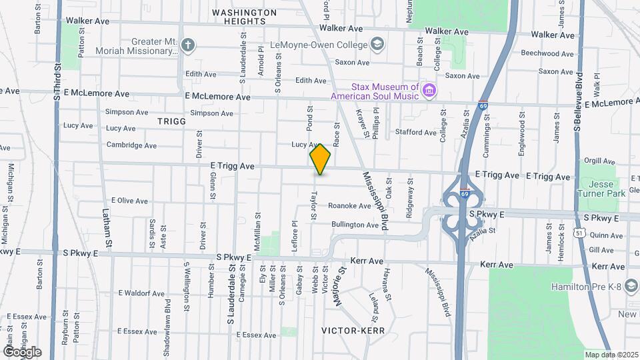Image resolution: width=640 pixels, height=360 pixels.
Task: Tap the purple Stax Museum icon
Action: coord(429,90)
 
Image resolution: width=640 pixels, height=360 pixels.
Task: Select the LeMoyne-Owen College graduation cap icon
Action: coord(378,45)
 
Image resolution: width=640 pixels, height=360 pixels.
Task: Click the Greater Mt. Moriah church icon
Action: coord(188,45)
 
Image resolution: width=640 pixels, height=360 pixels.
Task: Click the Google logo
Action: coord(21,352)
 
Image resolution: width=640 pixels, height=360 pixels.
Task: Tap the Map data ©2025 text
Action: coord(611,355)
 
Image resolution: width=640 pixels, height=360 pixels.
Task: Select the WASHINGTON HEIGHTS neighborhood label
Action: coord(244,17)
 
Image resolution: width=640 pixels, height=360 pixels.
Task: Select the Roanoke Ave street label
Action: coord(349,206)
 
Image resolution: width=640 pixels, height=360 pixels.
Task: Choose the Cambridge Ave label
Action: coord(131,145)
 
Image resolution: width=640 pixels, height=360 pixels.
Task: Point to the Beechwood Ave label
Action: coord(547,53)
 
